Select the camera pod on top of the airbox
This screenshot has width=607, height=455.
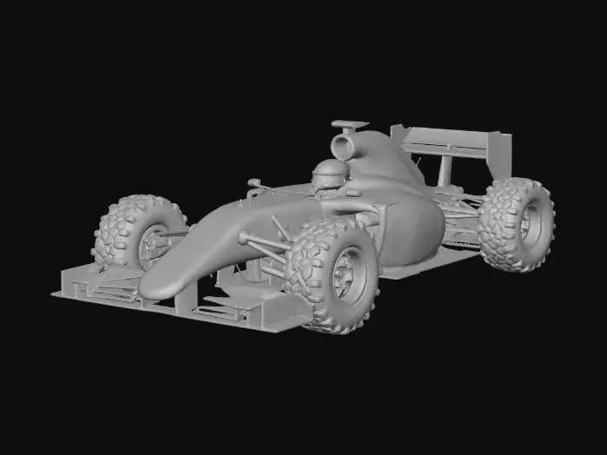[349, 125]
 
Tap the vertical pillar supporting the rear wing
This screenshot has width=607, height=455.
[445, 170]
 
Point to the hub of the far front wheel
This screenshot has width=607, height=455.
[153, 242]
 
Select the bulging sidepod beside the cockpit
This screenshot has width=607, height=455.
[412, 230]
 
